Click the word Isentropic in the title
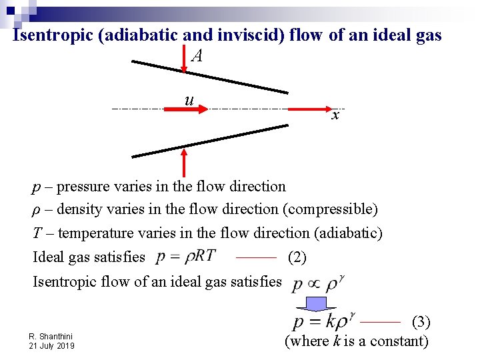pos(53,35)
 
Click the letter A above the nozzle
pos(196,56)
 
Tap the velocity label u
pos(189,100)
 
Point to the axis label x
pos(335,115)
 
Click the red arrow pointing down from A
pos(185,60)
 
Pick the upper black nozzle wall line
pos(209,77)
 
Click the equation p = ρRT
pos(185,257)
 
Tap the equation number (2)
pos(297,257)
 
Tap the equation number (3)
pos(421,322)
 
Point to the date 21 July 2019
pos(52,346)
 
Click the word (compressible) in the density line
pos(330,209)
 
